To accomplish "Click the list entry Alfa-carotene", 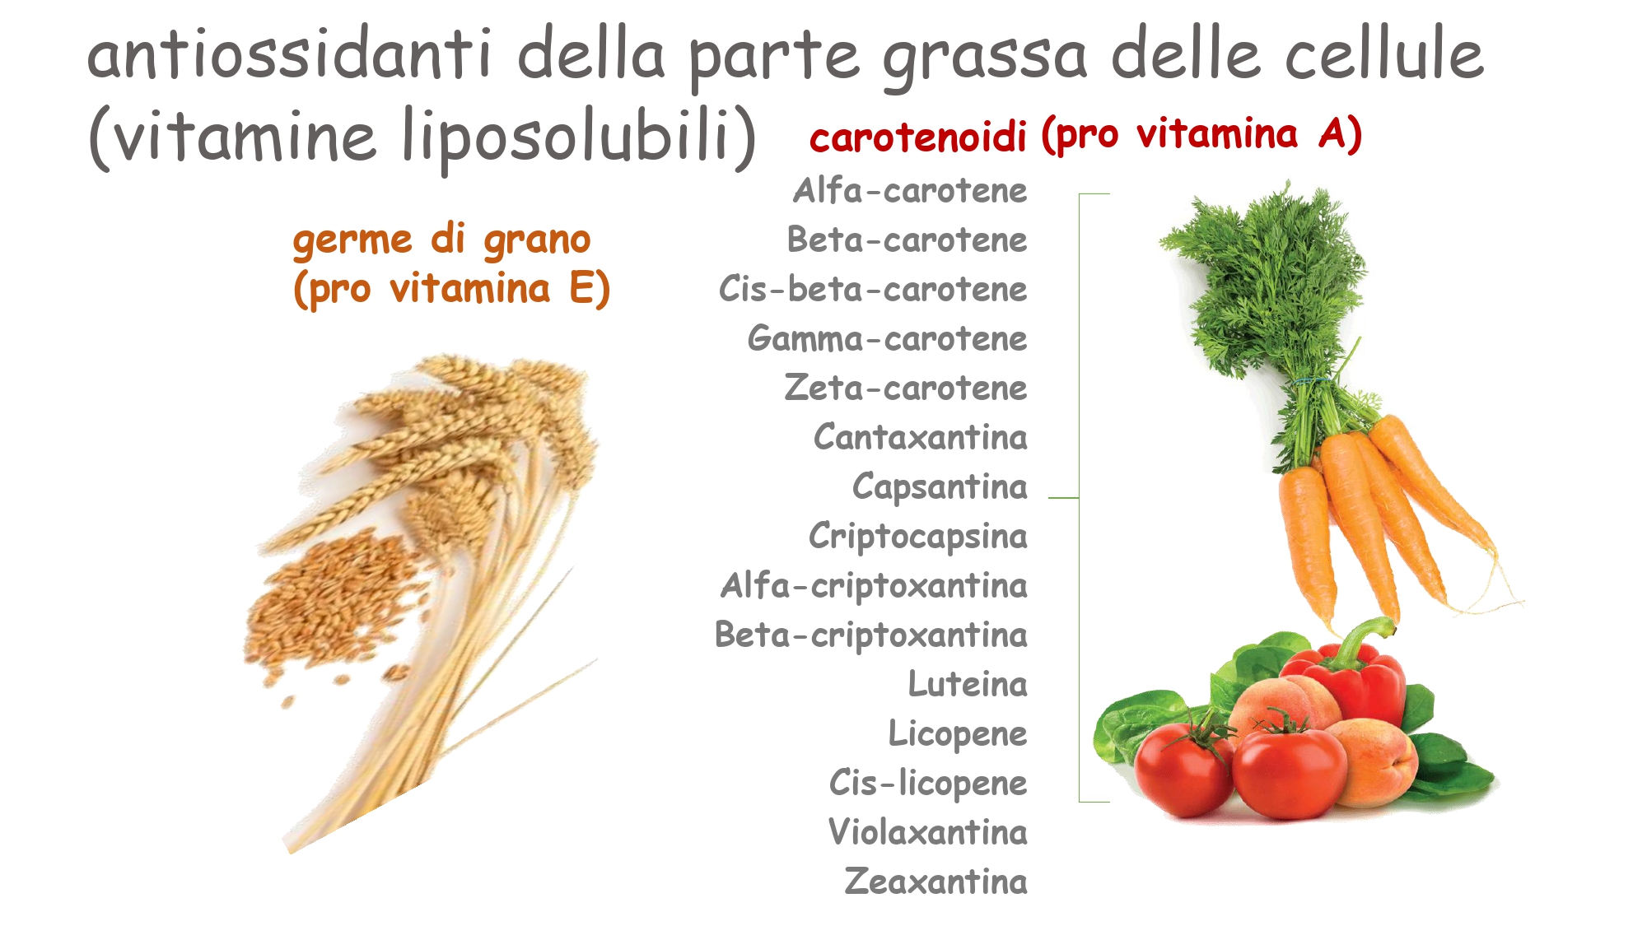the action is (910, 191).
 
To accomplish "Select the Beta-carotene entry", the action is (907, 240).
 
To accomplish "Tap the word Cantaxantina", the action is (921, 437).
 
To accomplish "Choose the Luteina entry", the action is (968, 684).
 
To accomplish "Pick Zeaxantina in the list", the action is (936, 882).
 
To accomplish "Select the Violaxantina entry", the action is (928, 832).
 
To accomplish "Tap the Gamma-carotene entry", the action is (888, 339).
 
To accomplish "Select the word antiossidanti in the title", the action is (290, 54).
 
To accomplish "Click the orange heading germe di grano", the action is (442, 241).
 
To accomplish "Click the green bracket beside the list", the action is (1080, 498).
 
